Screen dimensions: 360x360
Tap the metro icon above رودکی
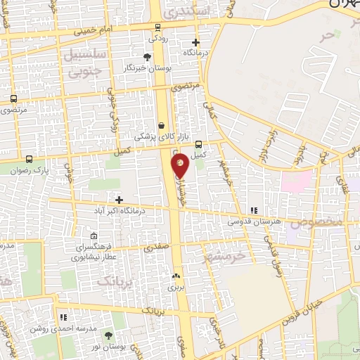pos(157,28)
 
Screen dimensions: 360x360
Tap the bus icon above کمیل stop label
pos(199,143)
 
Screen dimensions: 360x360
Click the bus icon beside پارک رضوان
pos(29,160)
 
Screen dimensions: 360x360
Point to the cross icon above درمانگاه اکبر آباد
pos(119,200)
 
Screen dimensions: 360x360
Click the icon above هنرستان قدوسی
pos(254,210)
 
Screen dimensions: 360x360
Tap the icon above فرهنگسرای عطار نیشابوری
pos(95,236)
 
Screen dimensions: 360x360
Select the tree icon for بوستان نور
pos(108,336)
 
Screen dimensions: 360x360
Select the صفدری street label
pos(156,248)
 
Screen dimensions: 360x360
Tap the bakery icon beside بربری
pos(176,277)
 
